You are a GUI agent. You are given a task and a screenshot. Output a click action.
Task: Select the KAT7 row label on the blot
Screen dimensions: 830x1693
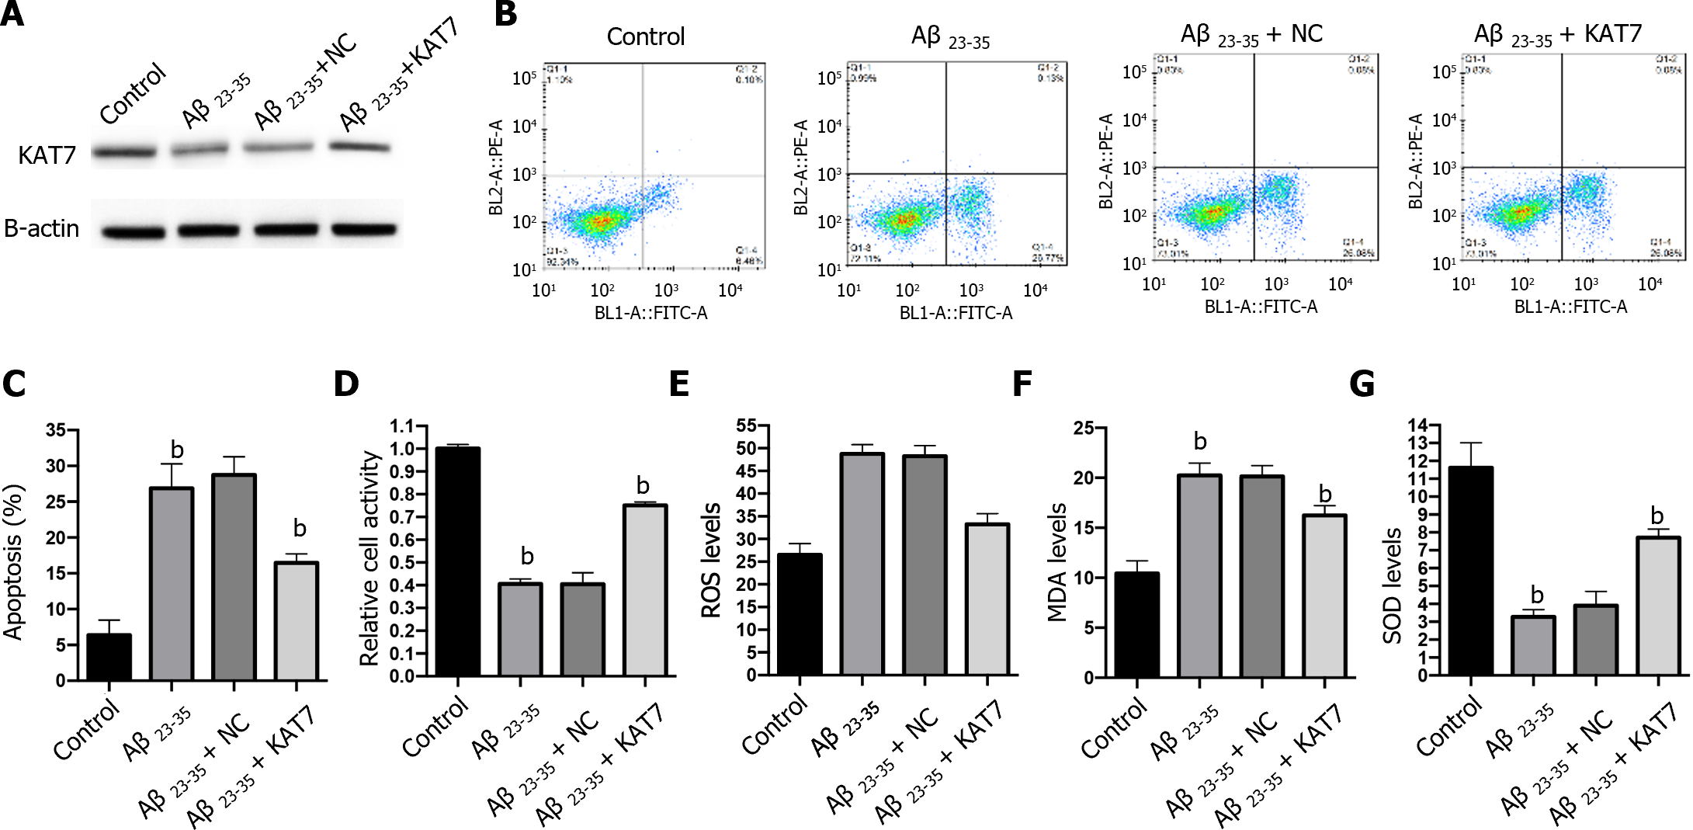[47, 155]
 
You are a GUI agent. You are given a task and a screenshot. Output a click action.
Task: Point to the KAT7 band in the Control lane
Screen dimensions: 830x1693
[124, 152]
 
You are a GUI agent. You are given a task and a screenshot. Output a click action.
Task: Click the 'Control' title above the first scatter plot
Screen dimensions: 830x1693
[645, 36]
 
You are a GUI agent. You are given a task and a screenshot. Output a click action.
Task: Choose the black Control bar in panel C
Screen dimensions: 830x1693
[109, 657]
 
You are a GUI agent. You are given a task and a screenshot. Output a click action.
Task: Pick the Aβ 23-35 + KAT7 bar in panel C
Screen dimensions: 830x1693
[297, 621]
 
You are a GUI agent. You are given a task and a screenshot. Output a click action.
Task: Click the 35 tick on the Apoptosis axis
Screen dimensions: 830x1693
[56, 430]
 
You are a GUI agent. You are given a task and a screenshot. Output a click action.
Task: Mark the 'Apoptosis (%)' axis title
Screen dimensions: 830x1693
[14, 562]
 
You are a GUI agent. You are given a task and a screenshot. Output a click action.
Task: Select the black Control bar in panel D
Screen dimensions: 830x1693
[458, 561]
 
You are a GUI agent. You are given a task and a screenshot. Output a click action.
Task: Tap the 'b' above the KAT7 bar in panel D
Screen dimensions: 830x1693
[643, 486]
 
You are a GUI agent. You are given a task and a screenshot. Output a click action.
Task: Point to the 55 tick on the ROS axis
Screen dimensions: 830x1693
[746, 425]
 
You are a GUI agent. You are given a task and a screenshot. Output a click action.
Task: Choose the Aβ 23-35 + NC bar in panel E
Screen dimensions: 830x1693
[925, 565]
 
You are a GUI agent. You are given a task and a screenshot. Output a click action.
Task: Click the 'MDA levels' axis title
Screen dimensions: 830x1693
[1057, 562]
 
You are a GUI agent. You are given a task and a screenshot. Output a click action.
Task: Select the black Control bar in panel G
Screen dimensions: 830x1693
[1471, 571]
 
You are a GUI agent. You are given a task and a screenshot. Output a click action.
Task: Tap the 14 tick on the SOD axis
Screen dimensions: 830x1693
[1418, 425]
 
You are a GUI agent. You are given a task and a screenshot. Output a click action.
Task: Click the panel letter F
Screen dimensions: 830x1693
[1023, 384]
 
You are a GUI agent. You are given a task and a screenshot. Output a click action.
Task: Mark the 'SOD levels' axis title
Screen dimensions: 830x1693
[1392, 586]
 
